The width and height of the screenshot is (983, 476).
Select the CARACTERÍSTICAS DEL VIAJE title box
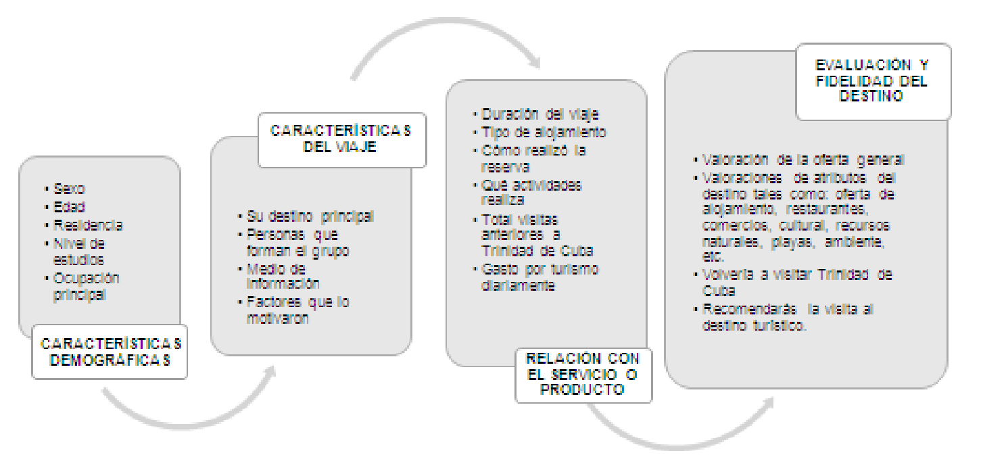pyautogui.click(x=341, y=140)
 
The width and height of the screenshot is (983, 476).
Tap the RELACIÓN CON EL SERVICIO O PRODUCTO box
pyautogui.click(x=583, y=375)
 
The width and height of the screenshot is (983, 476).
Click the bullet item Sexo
pyautogui.click(x=69, y=189)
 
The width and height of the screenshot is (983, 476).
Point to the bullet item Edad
pyautogui.click(x=70, y=207)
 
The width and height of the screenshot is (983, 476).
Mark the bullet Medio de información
pyautogui.click(x=283, y=276)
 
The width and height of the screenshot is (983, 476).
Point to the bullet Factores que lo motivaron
pyautogui.click(x=297, y=310)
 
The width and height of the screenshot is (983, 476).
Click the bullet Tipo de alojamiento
pyautogui.click(x=544, y=132)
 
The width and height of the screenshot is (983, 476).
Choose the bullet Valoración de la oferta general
pyautogui.click(x=803, y=160)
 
